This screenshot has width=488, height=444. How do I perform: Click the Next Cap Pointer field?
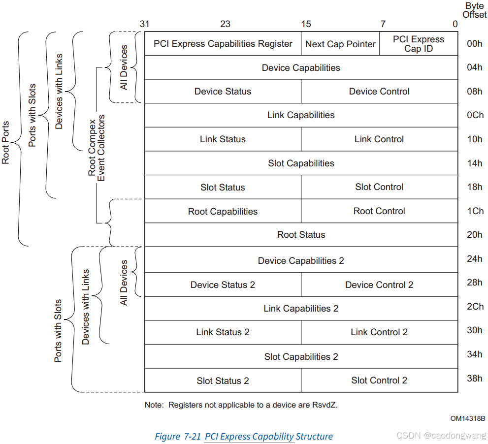point(340,44)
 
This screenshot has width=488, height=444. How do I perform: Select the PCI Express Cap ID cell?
point(419,44)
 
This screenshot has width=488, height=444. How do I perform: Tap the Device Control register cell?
point(379,92)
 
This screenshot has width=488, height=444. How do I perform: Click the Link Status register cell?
point(223,139)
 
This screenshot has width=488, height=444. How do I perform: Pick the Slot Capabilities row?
point(301,163)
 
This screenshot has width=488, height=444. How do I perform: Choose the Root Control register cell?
point(379,211)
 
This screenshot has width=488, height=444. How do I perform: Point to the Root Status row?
point(301,235)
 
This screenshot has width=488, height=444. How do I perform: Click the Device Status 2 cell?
point(223,285)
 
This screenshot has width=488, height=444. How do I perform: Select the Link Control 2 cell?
point(379,332)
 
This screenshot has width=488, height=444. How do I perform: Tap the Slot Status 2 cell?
point(223,381)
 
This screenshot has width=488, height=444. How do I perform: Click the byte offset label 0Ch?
point(475,115)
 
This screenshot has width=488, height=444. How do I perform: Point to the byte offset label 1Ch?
point(475,211)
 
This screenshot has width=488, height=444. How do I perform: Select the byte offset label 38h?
point(475,379)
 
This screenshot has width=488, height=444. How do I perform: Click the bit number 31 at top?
point(144,24)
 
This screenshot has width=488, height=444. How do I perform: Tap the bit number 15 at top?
point(306,24)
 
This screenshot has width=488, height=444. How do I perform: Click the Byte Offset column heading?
point(474,10)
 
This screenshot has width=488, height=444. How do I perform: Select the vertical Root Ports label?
point(6,143)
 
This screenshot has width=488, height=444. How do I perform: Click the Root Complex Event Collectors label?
point(96,148)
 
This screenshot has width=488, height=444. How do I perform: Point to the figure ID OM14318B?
point(467,418)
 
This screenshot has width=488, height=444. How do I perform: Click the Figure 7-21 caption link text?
point(268,437)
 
